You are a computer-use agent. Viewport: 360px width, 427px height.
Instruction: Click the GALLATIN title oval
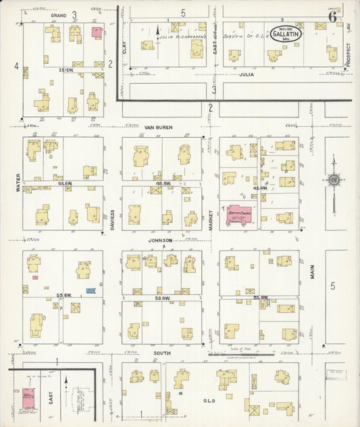[286, 33]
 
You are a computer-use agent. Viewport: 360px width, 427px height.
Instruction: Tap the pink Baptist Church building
[239, 214]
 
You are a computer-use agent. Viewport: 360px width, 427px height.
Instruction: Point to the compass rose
[333, 179]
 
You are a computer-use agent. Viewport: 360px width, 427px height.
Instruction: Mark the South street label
[161, 353]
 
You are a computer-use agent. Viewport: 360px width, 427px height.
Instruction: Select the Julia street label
[246, 74]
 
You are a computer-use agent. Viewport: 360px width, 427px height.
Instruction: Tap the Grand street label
[59, 14]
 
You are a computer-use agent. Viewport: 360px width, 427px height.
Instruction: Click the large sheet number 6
[333, 16]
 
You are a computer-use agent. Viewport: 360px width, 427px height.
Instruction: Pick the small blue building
[90, 291]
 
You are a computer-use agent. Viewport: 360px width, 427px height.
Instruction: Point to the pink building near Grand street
[97, 31]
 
